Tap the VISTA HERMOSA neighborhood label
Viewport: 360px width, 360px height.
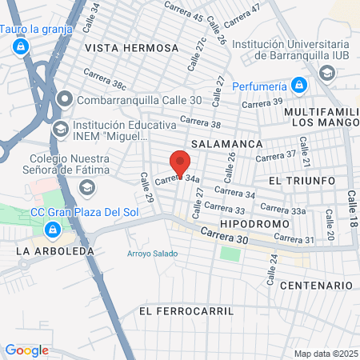coord(131,48)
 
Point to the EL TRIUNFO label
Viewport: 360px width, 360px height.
coord(302,181)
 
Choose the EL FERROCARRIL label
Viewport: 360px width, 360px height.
coord(186,310)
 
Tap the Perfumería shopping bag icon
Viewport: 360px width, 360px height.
coord(299,84)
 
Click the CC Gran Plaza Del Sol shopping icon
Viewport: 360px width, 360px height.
coord(52,230)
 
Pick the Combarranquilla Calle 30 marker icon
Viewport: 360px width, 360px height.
coord(64,100)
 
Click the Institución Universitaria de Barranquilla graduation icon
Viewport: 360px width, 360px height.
coord(326,73)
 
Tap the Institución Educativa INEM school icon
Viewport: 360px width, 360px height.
coord(60,129)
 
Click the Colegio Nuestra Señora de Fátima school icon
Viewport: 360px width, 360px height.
coord(86,186)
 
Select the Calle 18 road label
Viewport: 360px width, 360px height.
coord(351,207)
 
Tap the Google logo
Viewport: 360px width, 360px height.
coord(26,350)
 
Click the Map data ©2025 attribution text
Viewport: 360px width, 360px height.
coord(325,354)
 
